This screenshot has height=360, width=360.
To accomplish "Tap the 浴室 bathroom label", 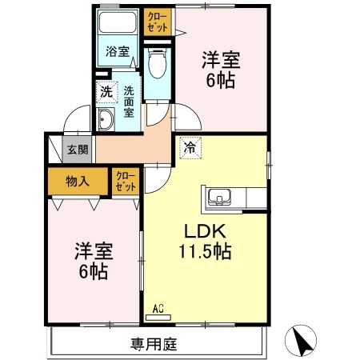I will [x=118, y=52].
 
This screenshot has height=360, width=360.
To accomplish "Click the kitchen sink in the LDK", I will [x=218, y=196].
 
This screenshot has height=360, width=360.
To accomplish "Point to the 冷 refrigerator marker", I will [x=190, y=147].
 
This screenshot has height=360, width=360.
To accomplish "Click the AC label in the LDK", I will [x=158, y=307].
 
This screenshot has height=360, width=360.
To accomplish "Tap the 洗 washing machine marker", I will [x=106, y=92].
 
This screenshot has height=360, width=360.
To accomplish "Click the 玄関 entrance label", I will [x=78, y=149].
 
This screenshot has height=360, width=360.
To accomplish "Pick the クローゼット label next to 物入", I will [x=125, y=181].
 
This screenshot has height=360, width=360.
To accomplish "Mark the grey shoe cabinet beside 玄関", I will [x=54, y=149].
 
